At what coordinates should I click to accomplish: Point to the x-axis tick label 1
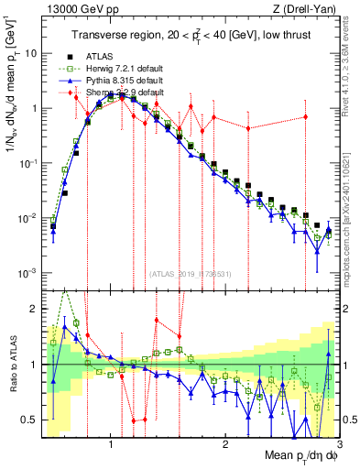(x=111, y=445)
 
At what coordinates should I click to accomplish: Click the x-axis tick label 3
(x=339, y=445)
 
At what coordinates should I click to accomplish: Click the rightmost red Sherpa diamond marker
(x=306, y=117)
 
